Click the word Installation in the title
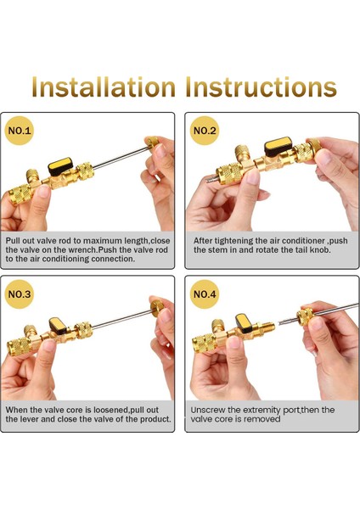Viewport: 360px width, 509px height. point(104,87)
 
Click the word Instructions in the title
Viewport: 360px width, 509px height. point(261,87)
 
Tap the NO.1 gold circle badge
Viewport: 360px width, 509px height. point(20,131)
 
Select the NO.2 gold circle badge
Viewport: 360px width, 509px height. point(205,131)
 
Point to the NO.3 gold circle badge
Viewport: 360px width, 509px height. point(20,294)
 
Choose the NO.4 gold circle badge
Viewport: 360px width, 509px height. point(205,294)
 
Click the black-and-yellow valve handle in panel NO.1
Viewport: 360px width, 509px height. point(60,166)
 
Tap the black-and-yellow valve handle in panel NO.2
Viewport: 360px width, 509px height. point(278,146)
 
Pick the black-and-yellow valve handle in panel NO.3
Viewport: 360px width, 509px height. point(58,326)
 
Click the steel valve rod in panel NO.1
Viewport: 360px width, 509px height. point(121,158)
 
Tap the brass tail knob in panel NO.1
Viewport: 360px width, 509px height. point(152,142)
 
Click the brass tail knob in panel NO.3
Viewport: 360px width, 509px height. point(157,308)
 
